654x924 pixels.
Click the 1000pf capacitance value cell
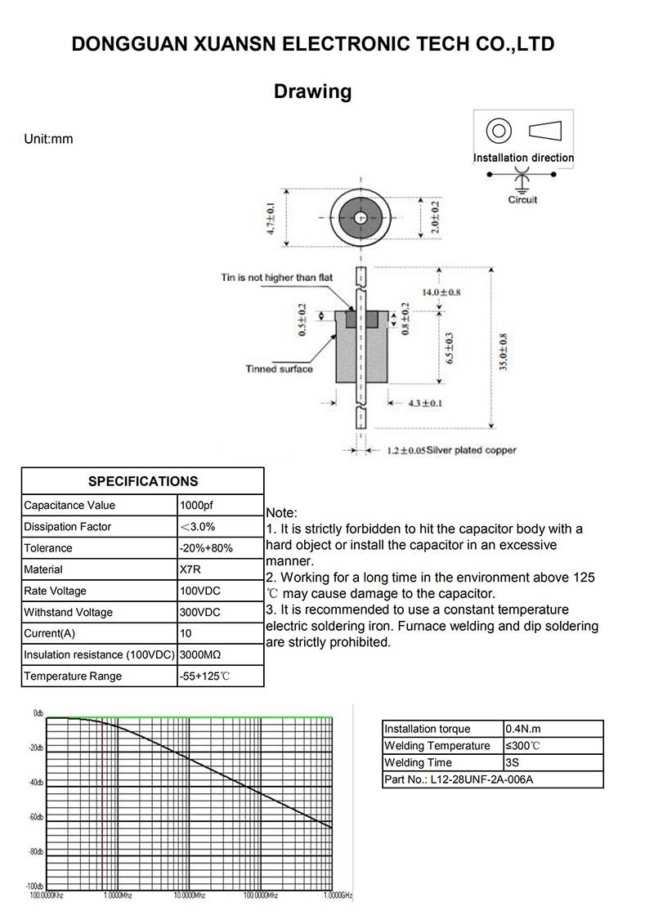(197, 505)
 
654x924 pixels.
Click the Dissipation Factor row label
(68, 527)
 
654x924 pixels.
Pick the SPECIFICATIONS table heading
(143, 481)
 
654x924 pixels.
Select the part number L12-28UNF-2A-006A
(459, 779)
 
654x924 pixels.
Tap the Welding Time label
(418, 762)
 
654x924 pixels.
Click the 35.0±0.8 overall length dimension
(504, 352)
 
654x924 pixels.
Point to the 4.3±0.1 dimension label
(425, 403)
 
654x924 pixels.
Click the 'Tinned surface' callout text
(279, 369)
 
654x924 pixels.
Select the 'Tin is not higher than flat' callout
(277, 278)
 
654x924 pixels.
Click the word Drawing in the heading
(313, 92)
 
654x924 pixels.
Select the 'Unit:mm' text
(49, 139)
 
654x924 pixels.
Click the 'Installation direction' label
(523, 158)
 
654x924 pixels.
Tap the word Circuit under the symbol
(522, 199)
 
